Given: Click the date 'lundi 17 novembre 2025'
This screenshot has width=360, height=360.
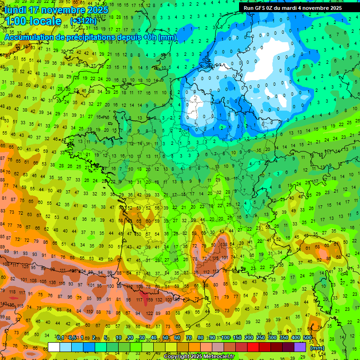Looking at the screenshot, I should click(x=56, y=10).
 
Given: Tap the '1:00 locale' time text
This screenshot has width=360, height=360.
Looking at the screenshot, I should click(x=34, y=21).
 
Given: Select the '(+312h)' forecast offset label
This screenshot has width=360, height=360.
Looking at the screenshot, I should click(x=83, y=21).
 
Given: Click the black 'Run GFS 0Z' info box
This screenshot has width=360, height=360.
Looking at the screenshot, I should click(x=293, y=7).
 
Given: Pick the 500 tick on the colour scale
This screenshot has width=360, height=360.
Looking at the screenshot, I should click(x=307, y=338).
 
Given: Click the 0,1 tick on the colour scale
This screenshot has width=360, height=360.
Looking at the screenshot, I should click(x=60, y=338).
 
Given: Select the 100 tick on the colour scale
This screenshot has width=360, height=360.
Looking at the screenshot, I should click(x=225, y=338).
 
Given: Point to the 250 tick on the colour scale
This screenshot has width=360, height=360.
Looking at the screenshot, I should click(x=261, y=338).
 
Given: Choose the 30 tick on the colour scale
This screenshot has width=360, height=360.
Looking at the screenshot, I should click(x=142, y=338).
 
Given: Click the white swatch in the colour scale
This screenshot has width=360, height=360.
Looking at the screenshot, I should click(x=54, y=347).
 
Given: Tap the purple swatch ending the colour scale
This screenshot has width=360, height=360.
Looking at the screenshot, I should click(x=300, y=347).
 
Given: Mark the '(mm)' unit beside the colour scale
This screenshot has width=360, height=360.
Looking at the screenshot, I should click(x=317, y=348).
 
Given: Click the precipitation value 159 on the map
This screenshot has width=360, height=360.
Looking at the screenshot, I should click(x=150, y=300).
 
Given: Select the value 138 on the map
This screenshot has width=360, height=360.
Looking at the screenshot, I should click(x=224, y=245).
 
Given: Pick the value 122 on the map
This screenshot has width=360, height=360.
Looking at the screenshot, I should click(x=150, y=313).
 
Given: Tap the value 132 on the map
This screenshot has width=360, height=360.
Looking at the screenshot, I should click(x=160, y=300).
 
